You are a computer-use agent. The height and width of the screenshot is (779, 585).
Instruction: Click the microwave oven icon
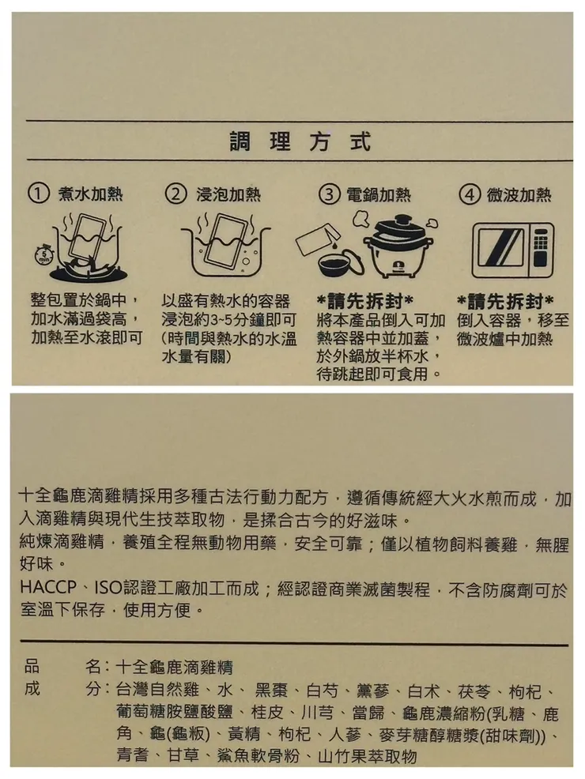[x=511, y=250]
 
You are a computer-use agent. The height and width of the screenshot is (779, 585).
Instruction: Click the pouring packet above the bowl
[x=323, y=239]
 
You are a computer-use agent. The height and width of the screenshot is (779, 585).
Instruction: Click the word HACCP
[x=46, y=590]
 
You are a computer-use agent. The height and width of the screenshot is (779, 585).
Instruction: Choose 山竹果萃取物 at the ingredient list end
[x=364, y=756]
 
